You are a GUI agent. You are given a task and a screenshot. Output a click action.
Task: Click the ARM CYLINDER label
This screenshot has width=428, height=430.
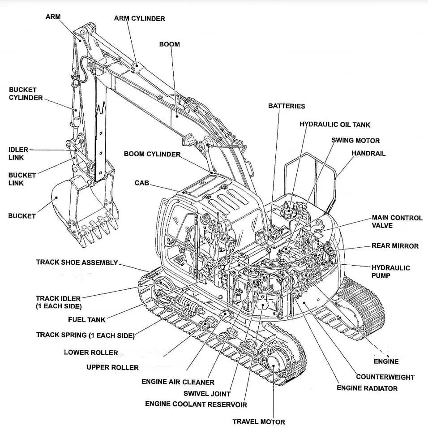pos(139,19)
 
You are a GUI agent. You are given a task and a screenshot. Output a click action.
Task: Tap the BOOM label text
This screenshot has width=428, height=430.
pos(169,44)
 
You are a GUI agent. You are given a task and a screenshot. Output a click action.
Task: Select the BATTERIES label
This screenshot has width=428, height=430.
pos(287,106)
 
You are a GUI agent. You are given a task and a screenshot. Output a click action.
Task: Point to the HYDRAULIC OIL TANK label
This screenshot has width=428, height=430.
pos(335,125)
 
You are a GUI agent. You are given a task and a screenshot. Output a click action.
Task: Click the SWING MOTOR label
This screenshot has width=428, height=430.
pos(355,140)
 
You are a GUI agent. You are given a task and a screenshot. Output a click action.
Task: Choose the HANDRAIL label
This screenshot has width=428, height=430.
pos(368,153)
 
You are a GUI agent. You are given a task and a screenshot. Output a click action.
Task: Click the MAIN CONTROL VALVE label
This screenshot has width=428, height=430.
pos(397,221)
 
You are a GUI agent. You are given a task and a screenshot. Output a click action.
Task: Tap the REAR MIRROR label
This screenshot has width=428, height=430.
pos(395,246)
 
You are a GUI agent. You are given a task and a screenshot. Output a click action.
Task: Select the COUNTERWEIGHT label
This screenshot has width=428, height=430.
pos(385,377)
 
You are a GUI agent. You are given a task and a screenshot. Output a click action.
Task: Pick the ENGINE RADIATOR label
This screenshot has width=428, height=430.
pos(367,388)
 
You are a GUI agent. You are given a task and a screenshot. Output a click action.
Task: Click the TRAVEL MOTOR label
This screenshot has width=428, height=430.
pos(258,421)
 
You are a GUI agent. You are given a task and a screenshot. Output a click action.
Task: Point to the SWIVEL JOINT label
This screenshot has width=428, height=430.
pos(207,394)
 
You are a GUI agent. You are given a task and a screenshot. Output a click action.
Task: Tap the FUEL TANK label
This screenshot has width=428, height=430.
pos(87,320)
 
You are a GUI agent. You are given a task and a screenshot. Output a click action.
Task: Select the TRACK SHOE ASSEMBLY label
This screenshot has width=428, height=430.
pos(77,262)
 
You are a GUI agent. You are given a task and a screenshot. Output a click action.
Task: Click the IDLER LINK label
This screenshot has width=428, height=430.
pos(18,153)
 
